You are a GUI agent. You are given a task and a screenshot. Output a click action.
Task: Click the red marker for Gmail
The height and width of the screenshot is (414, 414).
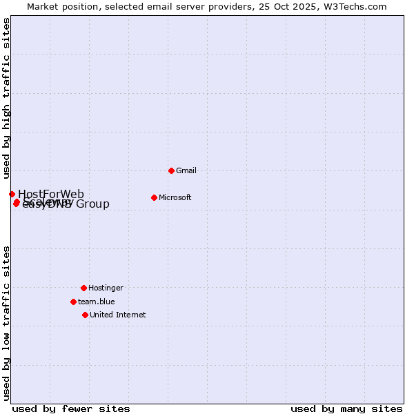(171, 170)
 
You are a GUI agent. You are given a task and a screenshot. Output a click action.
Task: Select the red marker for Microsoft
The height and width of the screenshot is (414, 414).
(154, 197)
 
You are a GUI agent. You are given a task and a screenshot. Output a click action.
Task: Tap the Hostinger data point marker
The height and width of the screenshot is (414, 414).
(83, 288)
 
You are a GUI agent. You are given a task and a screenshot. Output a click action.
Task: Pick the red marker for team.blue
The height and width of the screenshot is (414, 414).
(73, 302)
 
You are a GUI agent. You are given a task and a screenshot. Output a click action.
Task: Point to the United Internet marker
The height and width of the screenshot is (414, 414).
(85, 315)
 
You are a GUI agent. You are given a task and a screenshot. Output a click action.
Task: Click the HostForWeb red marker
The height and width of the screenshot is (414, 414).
(12, 194)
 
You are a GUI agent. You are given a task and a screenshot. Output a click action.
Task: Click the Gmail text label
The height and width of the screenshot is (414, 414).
(186, 170)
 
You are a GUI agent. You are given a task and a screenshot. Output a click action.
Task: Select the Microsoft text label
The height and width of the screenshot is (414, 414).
(175, 197)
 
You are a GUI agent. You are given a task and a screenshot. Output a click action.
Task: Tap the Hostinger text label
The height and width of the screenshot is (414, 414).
(106, 288)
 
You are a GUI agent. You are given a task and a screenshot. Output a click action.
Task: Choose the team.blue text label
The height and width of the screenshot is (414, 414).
(96, 302)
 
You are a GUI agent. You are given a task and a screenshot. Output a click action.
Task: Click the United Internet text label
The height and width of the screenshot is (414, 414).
(117, 315)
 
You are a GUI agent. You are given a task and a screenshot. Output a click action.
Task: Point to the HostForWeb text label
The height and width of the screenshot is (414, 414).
(51, 194)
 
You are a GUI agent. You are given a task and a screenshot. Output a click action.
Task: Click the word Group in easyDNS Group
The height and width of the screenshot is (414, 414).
(92, 204)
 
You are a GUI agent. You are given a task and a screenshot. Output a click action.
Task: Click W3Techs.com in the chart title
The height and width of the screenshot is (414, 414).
(354, 6)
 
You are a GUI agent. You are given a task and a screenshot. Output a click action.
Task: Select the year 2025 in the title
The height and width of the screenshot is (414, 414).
(299, 6)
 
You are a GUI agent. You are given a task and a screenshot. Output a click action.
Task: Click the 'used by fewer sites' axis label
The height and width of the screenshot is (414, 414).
(71, 409)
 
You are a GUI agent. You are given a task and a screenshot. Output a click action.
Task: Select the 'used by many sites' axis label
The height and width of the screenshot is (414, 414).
(346, 409)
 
